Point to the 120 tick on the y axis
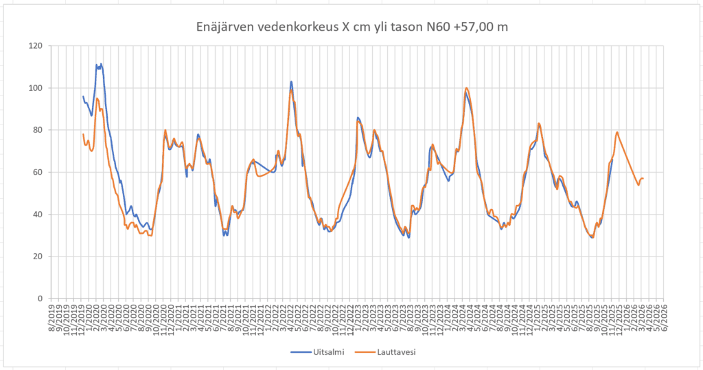pyautogui.click(x=34, y=46)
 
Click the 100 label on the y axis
pyautogui.click(x=34, y=88)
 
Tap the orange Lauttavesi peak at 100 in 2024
pyautogui.click(x=467, y=88)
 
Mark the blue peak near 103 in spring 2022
pyautogui.click(x=291, y=82)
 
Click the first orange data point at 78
pyautogui.click(x=83, y=134)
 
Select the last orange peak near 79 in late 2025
pyautogui.click(x=617, y=132)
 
